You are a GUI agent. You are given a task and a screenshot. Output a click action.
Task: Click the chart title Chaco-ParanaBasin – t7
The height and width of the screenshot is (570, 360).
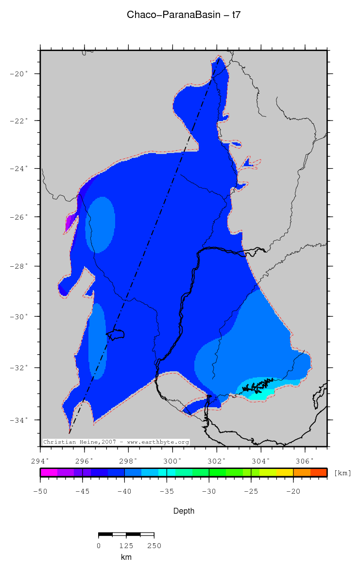pos(184,15)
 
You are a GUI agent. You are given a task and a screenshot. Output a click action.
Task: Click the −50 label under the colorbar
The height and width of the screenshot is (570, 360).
pos(40,491)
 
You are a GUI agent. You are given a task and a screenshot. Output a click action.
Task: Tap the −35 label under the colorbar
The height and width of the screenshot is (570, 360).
pos(167,491)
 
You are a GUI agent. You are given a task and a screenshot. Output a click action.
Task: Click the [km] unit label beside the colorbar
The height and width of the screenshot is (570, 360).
pos(343,473)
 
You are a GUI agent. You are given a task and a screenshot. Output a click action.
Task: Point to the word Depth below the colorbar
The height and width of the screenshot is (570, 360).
pos(184,511)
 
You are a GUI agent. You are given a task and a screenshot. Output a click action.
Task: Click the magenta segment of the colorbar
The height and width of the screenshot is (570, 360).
pos(49,472)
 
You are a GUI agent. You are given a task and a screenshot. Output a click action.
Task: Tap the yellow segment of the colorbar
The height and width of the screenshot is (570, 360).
pos(285,472)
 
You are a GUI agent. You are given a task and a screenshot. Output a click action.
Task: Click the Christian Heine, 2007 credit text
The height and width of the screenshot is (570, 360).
pos(116,442)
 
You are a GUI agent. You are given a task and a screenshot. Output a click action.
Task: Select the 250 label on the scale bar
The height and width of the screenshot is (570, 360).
pos(154,546)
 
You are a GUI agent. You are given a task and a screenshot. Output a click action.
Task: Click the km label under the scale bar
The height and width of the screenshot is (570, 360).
pos(126,557)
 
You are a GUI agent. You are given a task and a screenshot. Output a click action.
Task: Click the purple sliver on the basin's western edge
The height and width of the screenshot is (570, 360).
pos(70,224)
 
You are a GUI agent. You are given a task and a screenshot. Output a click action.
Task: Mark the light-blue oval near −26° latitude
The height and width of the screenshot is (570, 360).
pos(101,225)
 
